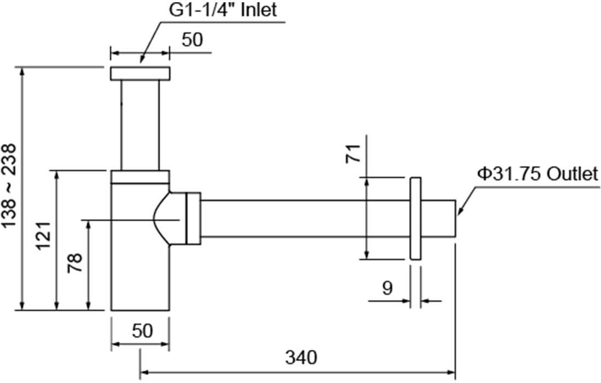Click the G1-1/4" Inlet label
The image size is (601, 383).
click(x=224, y=11)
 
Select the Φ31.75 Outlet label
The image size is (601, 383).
click(x=538, y=174)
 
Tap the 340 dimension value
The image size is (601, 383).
click(x=300, y=358)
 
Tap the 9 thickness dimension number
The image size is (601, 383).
click(x=387, y=288)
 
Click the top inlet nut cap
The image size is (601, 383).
click(x=140, y=74)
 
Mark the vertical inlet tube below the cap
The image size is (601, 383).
click(x=140, y=125)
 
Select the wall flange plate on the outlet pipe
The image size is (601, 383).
click(x=415, y=218)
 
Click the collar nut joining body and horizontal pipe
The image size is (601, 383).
click(x=194, y=218)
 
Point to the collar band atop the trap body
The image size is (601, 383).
click(x=140, y=177)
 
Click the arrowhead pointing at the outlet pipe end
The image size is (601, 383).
click(x=459, y=211)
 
